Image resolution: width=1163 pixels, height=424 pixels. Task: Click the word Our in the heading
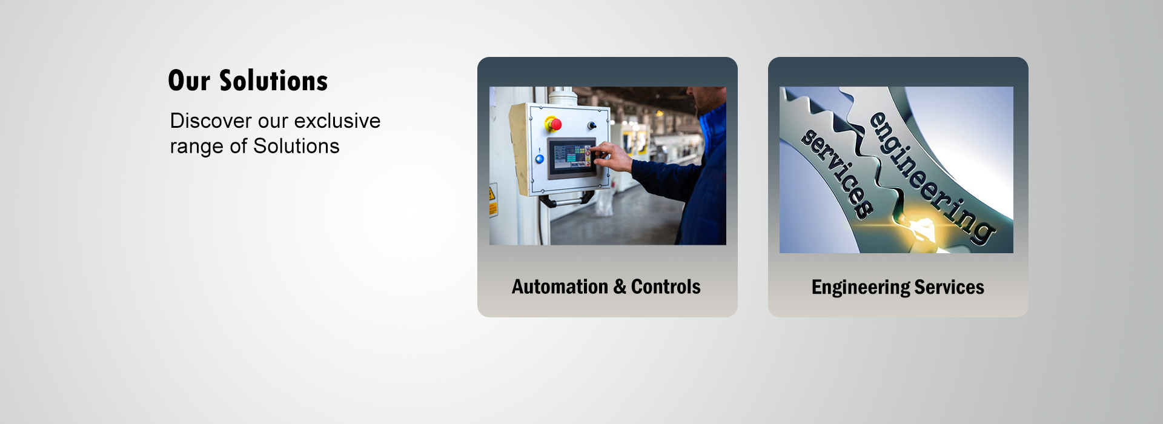(x=189, y=81)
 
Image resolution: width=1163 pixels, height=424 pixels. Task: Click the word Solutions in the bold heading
(x=273, y=81)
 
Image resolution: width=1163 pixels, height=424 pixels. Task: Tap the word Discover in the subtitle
(x=211, y=121)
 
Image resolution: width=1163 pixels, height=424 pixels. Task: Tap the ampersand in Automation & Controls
(x=620, y=287)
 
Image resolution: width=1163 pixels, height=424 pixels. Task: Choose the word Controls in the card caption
(x=666, y=287)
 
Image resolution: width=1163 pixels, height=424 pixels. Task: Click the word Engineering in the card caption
(x=860, y=287)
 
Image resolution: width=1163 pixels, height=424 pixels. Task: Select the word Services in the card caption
(x=949, y=287)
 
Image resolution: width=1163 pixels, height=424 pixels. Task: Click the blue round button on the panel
(x=539, y=159)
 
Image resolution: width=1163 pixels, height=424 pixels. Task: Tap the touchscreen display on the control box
(x=571, y=157)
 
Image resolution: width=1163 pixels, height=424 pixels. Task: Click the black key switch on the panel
(x=592, y=125)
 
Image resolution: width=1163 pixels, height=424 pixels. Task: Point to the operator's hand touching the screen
(x=612, y=156)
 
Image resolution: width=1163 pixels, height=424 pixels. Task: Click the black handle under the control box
(x=566, y=200)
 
